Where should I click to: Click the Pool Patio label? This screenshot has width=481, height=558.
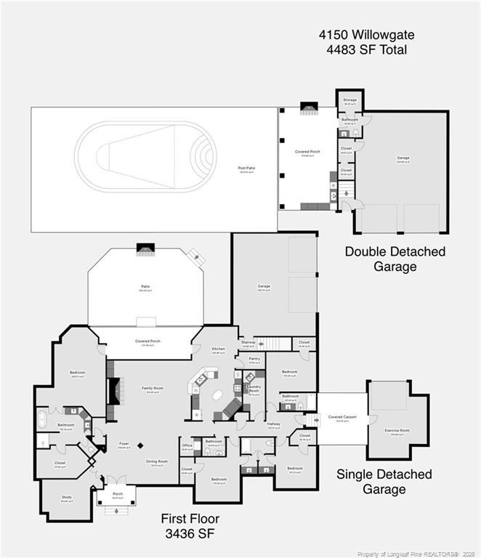tap(246, 169)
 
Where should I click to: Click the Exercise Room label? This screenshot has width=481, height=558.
tap(397, 431)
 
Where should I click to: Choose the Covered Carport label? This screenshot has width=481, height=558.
tap(341, 417)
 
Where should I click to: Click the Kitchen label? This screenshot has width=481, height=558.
tap(219, 349)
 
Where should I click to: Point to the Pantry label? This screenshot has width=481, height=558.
tap(254, 358)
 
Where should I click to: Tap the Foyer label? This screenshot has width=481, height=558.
tap(124, 444)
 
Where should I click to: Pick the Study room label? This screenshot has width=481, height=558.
tap(67, 498)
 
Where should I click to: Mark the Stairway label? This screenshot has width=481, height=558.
tap(248, 342)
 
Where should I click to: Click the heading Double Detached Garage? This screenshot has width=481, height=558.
tap(395, 259)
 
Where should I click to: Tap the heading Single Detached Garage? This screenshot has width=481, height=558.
tap(384, 482)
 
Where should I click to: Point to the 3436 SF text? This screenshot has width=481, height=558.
tap(189, 534)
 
